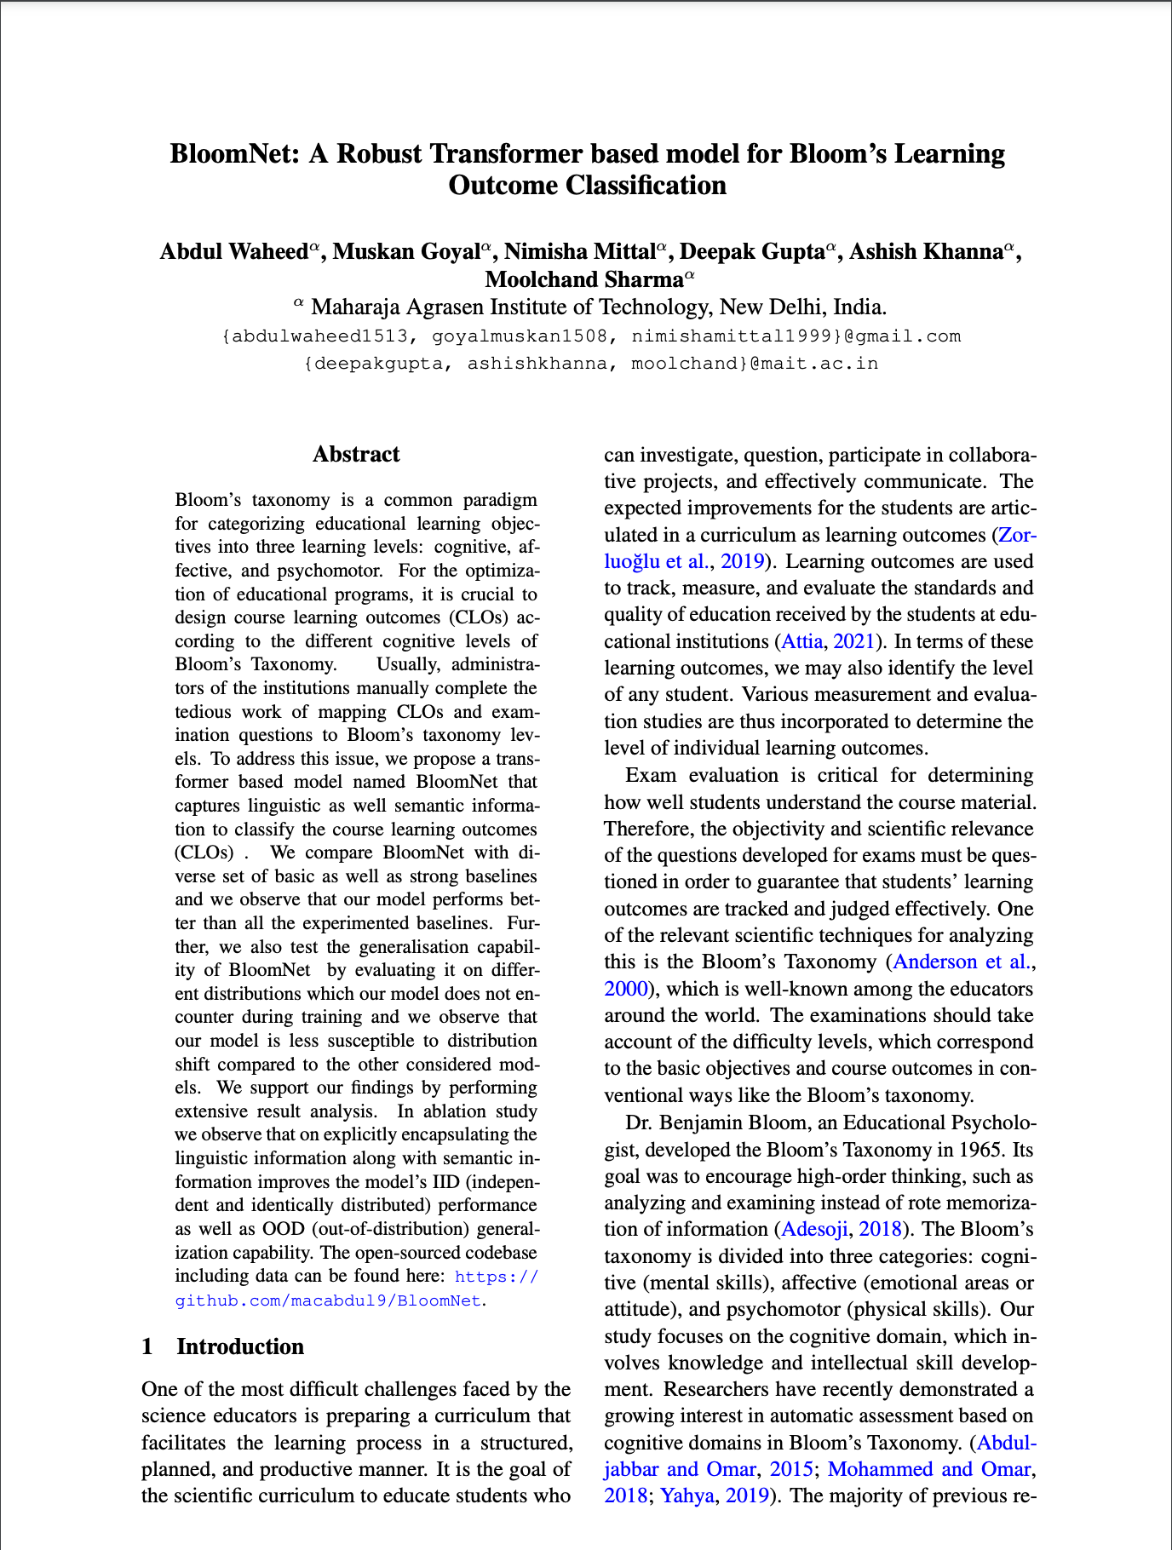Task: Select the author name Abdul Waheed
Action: tap(234, 252)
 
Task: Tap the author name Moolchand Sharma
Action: tap(584, 279)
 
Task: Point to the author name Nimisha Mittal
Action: tap(580, 252)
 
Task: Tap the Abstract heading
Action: tap(356, 455)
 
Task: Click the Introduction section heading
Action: tap(240, 1346)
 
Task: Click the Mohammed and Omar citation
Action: tap(929, 1469)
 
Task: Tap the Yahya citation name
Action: tap(687, 1495)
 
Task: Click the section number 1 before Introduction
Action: tap(148, 1346)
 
